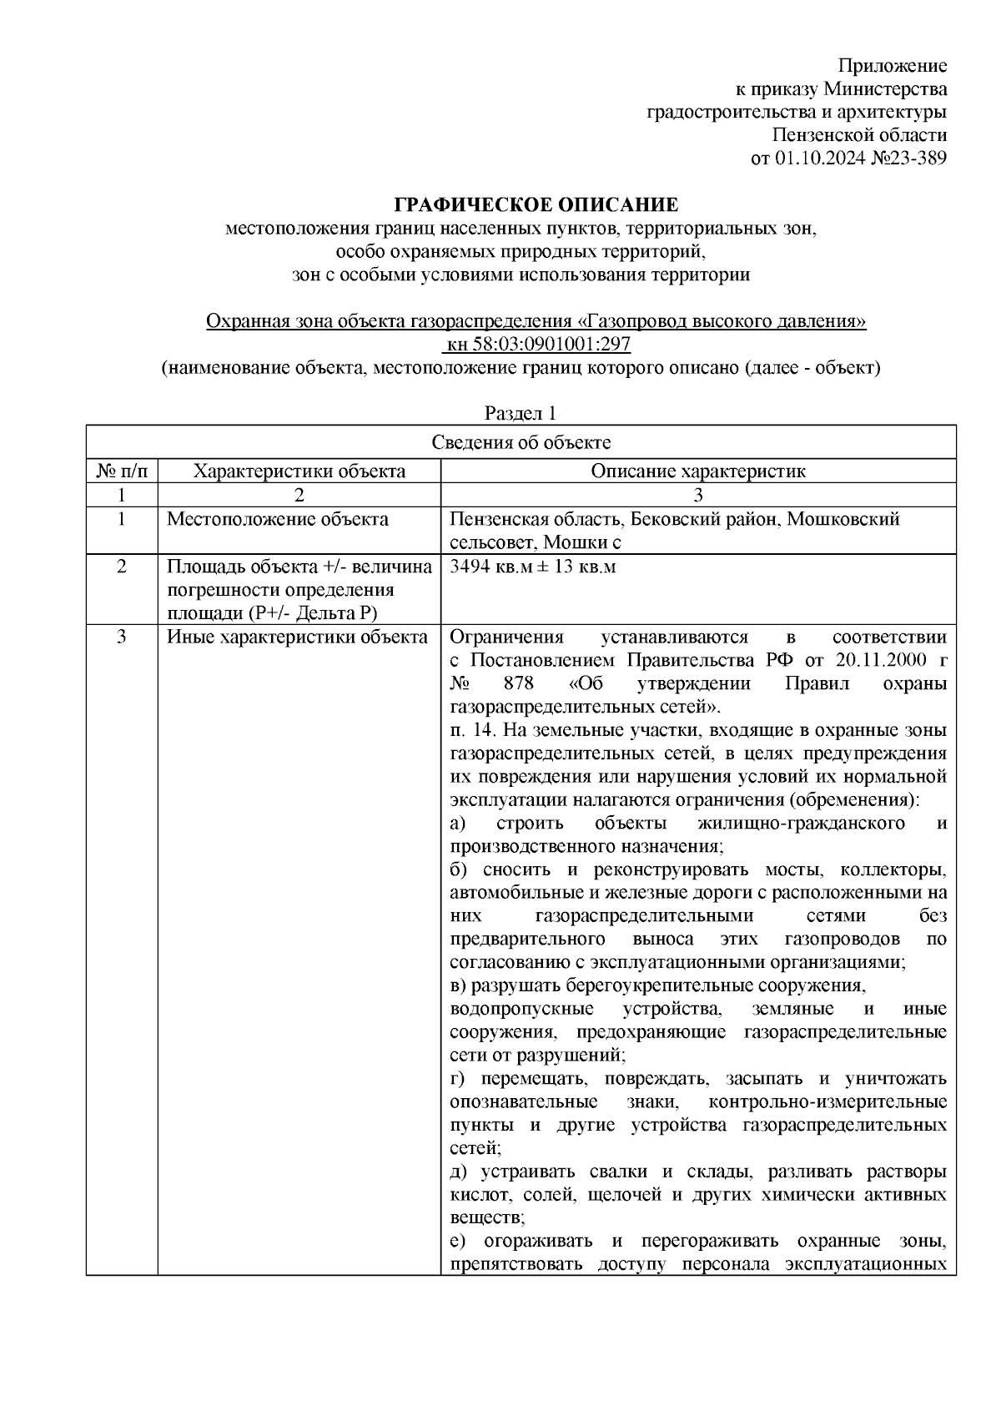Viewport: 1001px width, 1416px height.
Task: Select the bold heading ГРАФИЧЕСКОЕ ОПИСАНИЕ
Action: [x=536, y=204]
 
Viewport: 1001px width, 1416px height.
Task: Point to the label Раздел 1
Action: [x=521, y=413]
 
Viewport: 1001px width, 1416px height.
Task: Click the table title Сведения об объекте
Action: [x=521, y=442]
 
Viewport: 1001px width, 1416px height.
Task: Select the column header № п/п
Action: [x=122, y=471]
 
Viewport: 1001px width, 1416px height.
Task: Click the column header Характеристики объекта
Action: [x=299, y=471]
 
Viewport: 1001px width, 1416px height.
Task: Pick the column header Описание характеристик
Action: [x=698, y=471]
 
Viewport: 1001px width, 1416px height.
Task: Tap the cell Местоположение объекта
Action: [x=278, y=520]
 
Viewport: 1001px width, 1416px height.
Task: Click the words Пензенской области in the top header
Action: [x=859, y=135]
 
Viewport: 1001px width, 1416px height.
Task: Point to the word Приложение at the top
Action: [x=893, y=66]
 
